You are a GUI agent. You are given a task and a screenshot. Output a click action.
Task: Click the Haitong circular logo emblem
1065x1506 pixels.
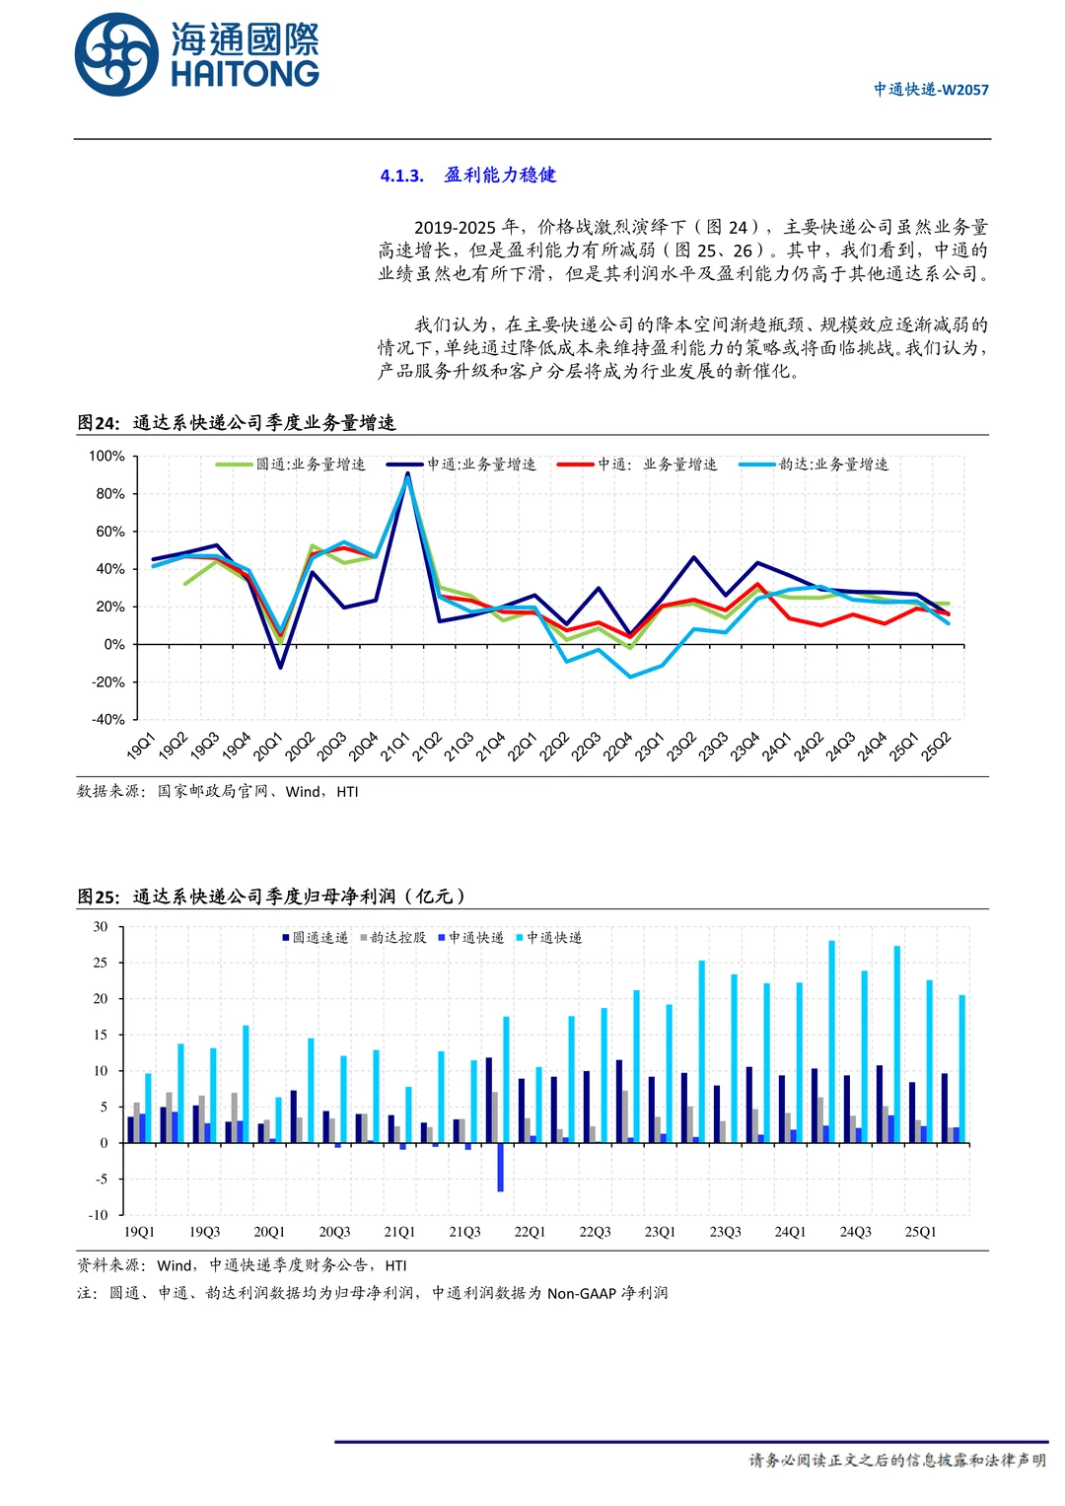pyautogui.click(x=116, y=55)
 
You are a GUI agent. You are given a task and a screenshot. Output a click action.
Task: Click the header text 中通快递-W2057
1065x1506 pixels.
pyautogui.click(x=930, y=90)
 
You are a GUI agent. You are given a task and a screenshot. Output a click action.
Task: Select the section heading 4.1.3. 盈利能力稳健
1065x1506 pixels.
pyautogui.click(x=468, y=176)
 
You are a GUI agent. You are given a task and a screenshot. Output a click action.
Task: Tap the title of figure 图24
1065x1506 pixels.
pyautogui.click(x=237, y=423)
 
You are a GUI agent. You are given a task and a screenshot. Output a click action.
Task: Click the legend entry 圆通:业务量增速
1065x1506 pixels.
pyautogui.click(x=292, y=465)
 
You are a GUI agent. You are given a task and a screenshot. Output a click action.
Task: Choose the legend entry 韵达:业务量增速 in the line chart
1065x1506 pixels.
pyautogui.click(x=815, y=465)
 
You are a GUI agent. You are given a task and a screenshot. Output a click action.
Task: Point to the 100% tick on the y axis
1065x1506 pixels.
pyautogui.click(x=107, y=457)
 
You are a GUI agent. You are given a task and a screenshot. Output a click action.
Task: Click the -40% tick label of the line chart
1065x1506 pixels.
pyautogui.click(x=107, y=720)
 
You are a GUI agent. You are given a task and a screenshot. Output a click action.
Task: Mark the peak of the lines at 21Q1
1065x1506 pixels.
pyautogui.click(x=407, y=475)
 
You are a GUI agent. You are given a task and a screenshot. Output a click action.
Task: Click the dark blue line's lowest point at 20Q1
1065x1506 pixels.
pyautogui.click(x=280, y=668)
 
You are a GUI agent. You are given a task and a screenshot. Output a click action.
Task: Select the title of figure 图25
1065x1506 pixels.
pyautogui.click(x=271, y=896)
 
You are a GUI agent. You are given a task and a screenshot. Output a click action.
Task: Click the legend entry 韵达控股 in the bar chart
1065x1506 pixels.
pyautogui.click(x=393, y=938)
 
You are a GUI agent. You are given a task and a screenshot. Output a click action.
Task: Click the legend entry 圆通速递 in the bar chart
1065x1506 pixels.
pyautogui.click(x=316, y=938)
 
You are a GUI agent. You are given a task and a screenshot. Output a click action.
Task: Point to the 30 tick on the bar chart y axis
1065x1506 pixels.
pyautogui.click(x=101, y=927)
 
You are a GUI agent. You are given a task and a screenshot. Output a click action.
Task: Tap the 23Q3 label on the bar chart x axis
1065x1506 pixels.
pyautogui.click(x=725, y=1233)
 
